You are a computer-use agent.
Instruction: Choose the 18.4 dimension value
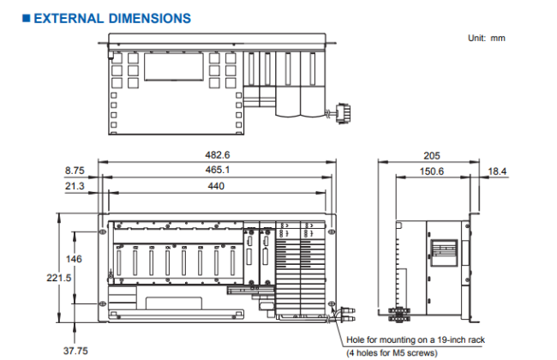497,171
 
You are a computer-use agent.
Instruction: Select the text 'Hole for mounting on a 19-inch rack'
416,339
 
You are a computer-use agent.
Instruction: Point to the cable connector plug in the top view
344,111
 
